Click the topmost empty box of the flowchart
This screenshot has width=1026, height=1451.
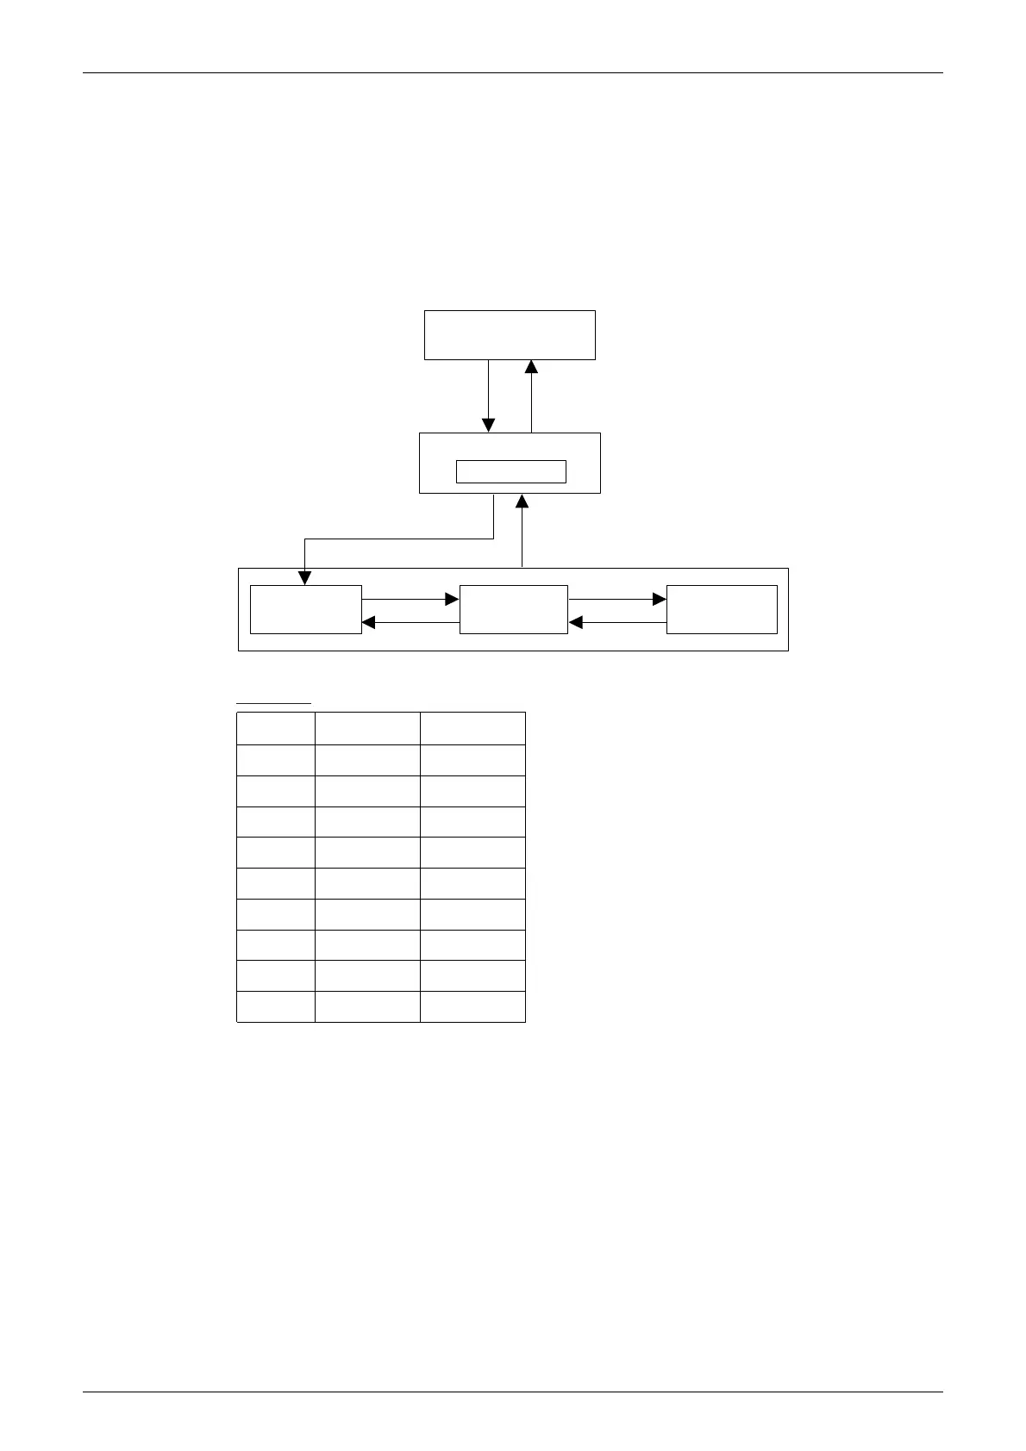(510, 334)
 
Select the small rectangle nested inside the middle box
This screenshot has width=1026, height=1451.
(510, 471)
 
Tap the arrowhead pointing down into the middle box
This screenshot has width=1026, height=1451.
(488, 426)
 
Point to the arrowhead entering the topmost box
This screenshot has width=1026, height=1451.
(531, 367)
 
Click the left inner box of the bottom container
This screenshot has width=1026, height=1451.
(305, 609)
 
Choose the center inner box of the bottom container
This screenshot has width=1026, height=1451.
(514, 609)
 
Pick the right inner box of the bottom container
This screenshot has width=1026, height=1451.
(722, 609)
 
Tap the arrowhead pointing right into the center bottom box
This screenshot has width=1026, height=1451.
(452, 599)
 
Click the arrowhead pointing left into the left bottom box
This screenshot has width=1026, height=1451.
(369, 622)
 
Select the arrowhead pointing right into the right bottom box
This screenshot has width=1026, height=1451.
(660, 599)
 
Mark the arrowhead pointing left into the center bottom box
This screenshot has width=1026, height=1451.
(576, 622)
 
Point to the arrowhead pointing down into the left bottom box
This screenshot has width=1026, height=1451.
(304, 578)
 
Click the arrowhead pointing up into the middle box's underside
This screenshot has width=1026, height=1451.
(522, 501)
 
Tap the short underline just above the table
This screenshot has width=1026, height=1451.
(273, 704)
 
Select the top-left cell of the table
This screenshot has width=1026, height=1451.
(276, 728)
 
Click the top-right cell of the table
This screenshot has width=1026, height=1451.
(472, 728)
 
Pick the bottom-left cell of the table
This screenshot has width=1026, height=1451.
(276, 1006)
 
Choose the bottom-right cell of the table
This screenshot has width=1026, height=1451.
(472, 1006)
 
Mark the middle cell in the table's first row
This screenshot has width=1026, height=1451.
(367, 728)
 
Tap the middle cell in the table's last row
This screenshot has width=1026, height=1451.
(367, 1006)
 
